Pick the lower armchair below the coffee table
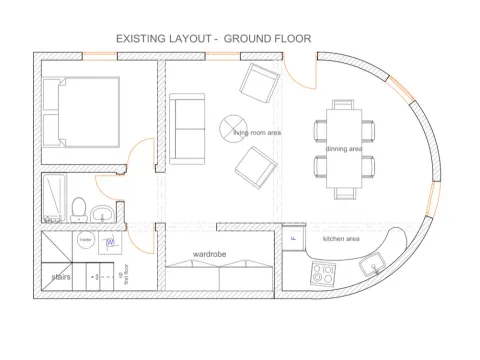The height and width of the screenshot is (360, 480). pos(254,168)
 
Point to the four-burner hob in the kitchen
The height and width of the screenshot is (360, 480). pos(326,271)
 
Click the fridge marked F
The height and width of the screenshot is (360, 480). pos(293,239)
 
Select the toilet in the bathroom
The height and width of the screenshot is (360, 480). pos(77,207)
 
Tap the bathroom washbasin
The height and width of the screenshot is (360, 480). pos(101,213)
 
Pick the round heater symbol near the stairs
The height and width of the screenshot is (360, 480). pos(85,242)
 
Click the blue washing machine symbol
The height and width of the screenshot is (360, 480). pos(112,243)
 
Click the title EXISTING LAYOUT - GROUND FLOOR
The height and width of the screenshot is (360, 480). pos(214,39)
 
